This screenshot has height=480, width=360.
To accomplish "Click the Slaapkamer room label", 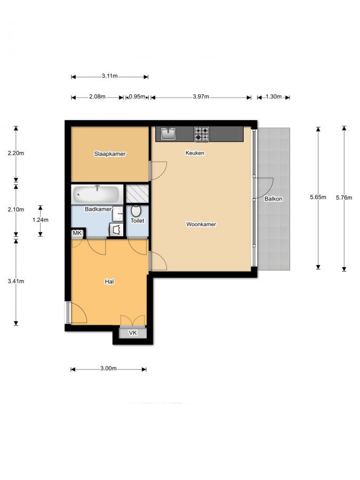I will [109, 154].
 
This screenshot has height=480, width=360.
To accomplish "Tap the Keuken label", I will [195, 153].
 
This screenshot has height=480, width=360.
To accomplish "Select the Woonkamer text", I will [201, 225].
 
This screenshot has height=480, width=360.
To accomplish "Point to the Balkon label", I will [273, 199].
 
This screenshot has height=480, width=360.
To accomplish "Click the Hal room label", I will [110, 281].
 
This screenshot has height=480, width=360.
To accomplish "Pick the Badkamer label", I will [98, 209].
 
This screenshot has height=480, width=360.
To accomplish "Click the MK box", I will [77, 233].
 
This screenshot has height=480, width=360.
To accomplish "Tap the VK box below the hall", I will [133, 333].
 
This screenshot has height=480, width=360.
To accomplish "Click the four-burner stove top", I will [202, 134].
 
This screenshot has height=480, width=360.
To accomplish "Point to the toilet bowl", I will [135, 212].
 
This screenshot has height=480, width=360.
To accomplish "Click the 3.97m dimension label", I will [200, 97].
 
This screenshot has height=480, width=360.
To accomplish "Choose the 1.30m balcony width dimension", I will [273, 97].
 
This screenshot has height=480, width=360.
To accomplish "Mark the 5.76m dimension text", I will [344, 197].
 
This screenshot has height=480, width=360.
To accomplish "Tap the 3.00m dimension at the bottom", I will [108, 369].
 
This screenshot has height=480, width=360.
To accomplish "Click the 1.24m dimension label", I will [40, 220].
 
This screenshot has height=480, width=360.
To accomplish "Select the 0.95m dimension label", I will [137, 97].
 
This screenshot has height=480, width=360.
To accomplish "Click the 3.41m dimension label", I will [16, 282].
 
